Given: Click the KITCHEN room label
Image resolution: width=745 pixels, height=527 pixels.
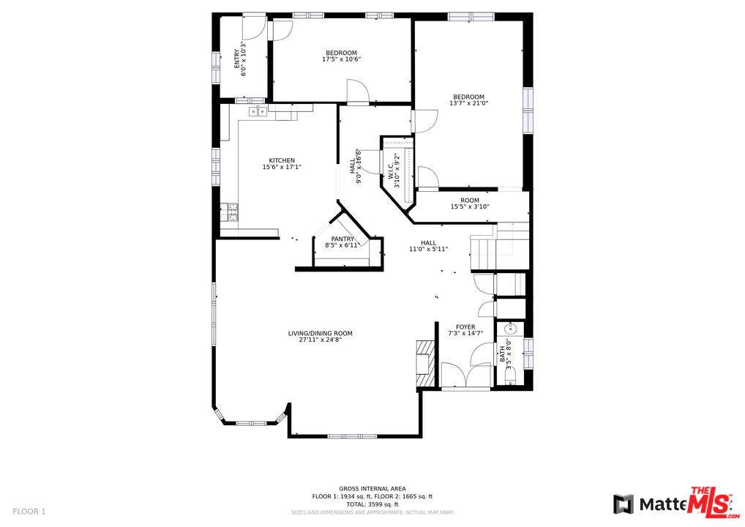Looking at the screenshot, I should (282, 161).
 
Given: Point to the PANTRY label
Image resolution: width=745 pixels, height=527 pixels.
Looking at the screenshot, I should (342, 239).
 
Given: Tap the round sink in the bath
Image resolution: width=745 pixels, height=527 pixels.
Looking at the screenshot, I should (510, 329).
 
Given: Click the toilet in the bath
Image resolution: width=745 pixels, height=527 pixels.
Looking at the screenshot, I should (510, 376).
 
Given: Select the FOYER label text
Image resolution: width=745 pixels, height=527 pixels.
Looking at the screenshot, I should (465, 327).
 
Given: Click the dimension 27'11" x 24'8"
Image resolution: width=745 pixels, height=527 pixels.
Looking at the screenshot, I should (320, 340).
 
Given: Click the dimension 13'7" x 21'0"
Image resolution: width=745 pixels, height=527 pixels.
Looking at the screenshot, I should (468, 103).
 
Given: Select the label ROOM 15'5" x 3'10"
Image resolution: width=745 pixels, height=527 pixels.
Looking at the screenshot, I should (470, 203).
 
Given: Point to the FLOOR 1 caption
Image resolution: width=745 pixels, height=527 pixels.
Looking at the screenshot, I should (29, 511).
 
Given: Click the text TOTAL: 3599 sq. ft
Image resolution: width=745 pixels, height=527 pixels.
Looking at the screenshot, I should (372, 504).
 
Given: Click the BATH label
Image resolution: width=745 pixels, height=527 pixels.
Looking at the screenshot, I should (503, 355).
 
